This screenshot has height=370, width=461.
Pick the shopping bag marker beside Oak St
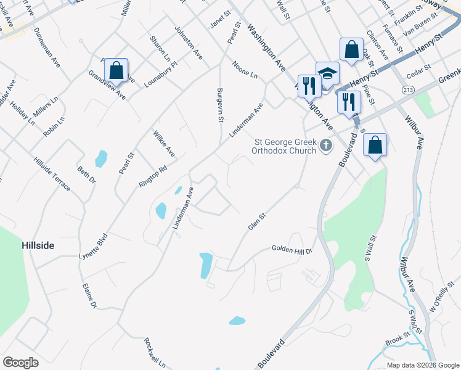coord(351,50)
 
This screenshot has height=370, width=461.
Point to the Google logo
coord(20,362)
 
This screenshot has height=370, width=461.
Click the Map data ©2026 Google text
coord(422,365)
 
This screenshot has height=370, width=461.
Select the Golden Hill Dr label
coord(293,250)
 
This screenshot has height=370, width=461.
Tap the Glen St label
coord(256,222)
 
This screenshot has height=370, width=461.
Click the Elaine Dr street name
coord(90,296)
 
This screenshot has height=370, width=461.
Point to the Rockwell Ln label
coord(155,352)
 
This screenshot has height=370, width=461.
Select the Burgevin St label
coord(219,105)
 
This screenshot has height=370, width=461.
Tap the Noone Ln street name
coord(245,68)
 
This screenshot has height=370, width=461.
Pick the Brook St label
coord(398,340)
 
